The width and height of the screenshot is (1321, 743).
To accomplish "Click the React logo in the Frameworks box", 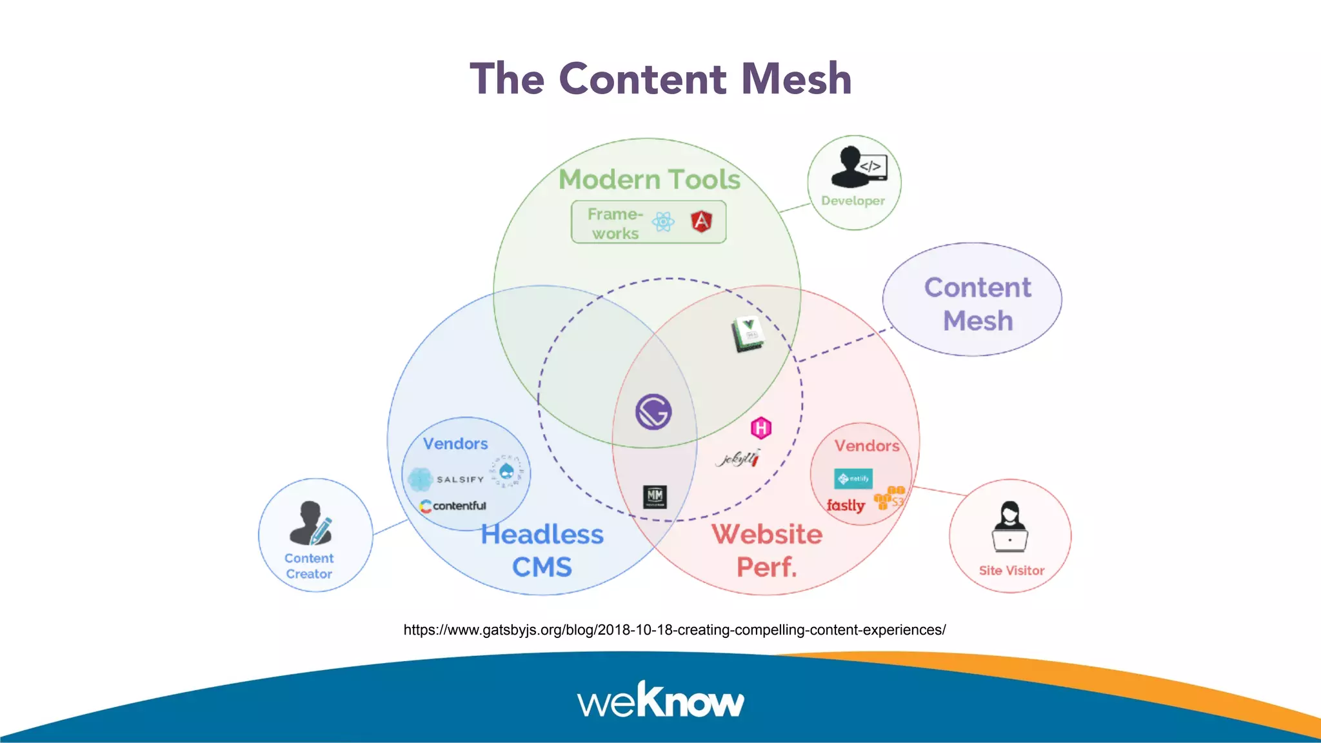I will click(x=663, y=222).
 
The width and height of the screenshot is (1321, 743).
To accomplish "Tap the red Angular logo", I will click(x=701, y=221).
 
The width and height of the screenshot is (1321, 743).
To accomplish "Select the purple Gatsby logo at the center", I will click(x=653, y=411).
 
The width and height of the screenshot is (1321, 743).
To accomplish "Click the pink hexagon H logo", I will click(x=761, y=428).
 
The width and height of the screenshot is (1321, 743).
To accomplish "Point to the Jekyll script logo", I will click(x=739, y=459).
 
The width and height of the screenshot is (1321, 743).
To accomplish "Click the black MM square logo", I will click(x=655, y=497).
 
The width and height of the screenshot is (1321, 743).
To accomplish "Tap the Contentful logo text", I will click(x=453, y=506).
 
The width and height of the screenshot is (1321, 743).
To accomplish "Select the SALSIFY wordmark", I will click(x=460, y=479).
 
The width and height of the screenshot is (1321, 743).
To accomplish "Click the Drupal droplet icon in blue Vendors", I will click(x=507, y=471).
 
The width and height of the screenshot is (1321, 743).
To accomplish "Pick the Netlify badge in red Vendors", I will click(x=853, y=479).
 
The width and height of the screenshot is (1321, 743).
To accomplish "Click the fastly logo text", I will click(x=846, y=506).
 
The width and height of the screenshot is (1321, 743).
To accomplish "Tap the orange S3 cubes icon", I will click(x=889, y=498).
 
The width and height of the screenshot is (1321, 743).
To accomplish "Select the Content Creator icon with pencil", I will click(x=311, y=523).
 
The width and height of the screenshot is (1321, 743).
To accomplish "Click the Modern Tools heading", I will click(x=650, y=179).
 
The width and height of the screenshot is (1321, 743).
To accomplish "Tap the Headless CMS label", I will click(x=542, y=550).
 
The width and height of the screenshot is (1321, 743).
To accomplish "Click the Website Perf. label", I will click(x=767, y=550).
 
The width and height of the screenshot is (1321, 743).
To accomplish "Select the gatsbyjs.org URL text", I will click(x=674, y=629).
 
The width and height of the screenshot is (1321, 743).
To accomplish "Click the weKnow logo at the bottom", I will click(x=660, y=700).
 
